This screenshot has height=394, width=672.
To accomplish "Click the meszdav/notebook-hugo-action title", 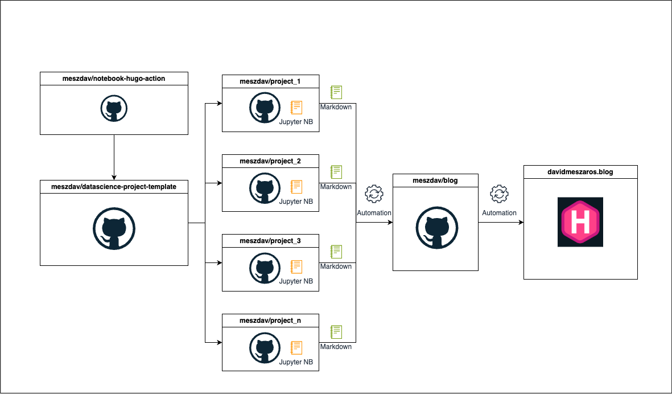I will tap(114, 78).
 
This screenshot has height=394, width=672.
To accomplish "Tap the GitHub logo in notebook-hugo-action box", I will tap(114, 108).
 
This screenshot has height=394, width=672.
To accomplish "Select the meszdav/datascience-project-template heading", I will tap(114, 186).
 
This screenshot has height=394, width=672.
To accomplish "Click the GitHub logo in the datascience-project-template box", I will tap(114, 229).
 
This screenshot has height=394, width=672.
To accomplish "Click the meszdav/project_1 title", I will tap(270, 81).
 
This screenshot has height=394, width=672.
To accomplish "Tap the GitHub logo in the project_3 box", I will tap(263, 266).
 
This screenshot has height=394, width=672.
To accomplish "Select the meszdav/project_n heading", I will tap(270, 321).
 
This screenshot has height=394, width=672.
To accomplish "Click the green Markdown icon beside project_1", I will tap(336, 92).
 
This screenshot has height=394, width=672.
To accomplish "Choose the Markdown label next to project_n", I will tap(336, 346).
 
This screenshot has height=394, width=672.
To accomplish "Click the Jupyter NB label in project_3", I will tap(296, 281).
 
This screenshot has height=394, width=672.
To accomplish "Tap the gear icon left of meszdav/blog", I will tap(374, 194).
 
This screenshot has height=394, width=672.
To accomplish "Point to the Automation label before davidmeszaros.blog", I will tap(499, 213).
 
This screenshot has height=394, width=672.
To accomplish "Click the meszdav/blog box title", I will tap(435, 180).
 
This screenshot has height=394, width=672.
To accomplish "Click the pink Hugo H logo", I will tap(580, 222).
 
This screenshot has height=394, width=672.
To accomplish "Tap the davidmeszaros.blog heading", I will tap(580, 171).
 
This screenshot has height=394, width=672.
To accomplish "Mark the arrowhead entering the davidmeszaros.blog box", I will tap(520, 223).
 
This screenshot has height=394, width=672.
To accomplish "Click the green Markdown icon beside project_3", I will tap(336, 252).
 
